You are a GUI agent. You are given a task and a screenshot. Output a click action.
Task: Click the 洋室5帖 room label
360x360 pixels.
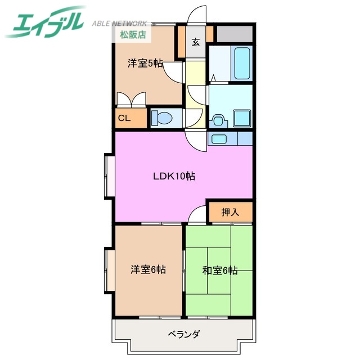coord(145,64)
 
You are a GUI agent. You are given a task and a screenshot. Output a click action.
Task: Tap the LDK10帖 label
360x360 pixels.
coord(174,176)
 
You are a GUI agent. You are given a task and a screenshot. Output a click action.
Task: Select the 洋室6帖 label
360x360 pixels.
coord(148,269)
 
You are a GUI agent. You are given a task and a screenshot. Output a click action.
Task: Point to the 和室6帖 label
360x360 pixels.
coord(220,271)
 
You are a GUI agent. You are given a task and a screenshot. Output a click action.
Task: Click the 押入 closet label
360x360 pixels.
coord(230,212)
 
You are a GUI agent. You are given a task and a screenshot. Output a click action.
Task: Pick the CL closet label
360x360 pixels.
coord(124,119)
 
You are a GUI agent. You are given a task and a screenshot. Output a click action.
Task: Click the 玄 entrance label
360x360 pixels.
coord(195,42)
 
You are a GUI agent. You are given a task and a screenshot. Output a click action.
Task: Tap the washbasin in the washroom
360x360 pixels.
coord(218,120)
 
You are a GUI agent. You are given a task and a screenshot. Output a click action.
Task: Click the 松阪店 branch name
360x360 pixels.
coord(133,34)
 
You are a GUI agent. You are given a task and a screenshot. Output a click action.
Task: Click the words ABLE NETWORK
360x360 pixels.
coord(119,24)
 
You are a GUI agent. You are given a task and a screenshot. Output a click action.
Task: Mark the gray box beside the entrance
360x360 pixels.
coord(233,34)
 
